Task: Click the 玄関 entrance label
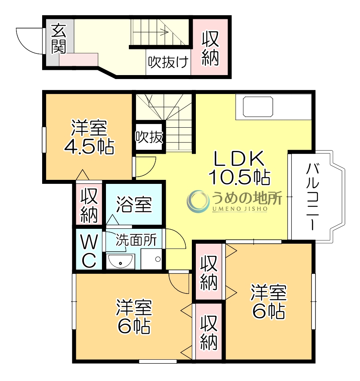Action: (x=58, y=39)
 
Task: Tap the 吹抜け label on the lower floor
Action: (x=169, y=63)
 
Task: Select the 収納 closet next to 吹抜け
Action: (x=210, y=47)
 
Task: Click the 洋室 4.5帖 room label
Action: (x=89, y=138)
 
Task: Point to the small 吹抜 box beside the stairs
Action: (x=149, y=137)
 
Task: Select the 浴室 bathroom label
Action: (x=134, y=204)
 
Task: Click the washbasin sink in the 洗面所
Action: (x=120, y=262)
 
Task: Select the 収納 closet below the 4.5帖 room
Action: (x=89, y=205)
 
